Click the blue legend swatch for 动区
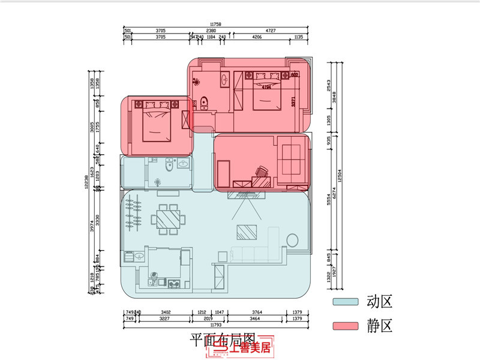coord(346,302)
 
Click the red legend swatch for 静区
coord(346,326)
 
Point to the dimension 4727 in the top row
coord(271,31)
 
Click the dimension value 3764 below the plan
coord(257,313)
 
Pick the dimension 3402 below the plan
coord(166,313)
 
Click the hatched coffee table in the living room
coord(247,232)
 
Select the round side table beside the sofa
coord(293,241)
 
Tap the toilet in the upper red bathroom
coord(204,103)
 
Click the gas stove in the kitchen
coord(174,283)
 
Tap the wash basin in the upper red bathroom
coord(224,79)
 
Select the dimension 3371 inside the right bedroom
coord(293,102)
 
